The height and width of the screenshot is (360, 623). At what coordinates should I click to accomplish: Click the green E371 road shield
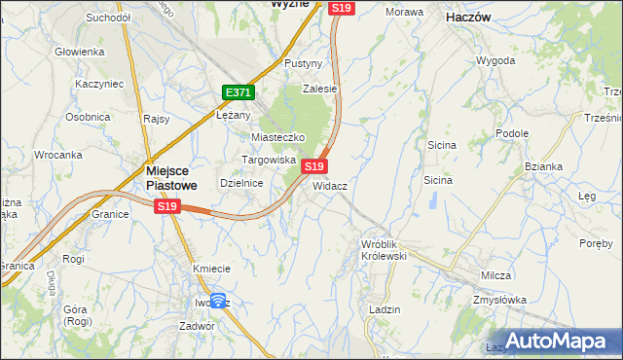tap(238, 92)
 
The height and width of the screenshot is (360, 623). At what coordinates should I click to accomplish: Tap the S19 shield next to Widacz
tap(313, 167)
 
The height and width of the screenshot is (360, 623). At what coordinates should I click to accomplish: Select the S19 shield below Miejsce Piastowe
tap(167, 206)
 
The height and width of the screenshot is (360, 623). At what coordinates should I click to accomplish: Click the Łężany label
tap(234, 114)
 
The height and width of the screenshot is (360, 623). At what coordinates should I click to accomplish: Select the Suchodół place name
tap(108, 18)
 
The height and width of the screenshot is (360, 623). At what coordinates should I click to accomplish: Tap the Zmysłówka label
tap(499, 301)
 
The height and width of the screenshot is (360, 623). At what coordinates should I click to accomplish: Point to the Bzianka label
tap(543, 166)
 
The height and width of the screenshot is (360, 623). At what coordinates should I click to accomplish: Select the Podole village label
tap(511, 133)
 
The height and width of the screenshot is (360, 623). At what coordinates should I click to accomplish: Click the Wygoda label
tap(495, 60)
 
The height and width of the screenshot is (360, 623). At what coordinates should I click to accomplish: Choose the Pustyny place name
tap(303, 63)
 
